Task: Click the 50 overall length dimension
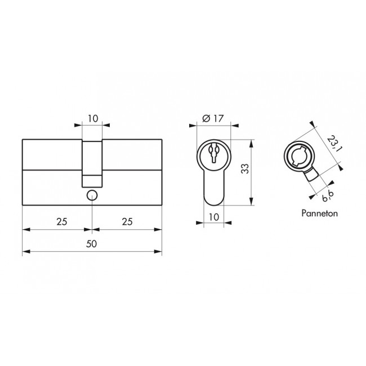point(91,244)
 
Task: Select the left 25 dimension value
point(62,221)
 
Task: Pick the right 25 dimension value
point(127,221)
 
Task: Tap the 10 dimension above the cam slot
point(93,119)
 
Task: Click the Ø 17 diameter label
point(213,118)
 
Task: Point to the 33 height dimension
point(245,168)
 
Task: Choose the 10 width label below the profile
point(214,217)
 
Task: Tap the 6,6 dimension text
point(328,196)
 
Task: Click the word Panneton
point(320,213)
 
